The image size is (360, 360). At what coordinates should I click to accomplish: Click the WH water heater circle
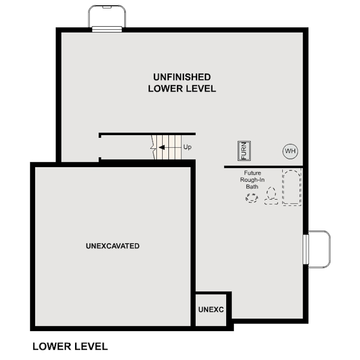tap(290, 151)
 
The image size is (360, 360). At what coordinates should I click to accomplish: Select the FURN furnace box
tap(244, 151)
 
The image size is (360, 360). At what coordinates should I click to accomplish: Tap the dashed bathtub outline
tap(292, 188)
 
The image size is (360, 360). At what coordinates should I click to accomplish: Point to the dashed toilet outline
tap(271, 196)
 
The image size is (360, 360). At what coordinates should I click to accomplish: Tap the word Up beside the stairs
tap(187, 147)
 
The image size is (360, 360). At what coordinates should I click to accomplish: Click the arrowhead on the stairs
tap(161, 148)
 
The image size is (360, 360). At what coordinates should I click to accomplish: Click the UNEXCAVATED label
tap(112, 246)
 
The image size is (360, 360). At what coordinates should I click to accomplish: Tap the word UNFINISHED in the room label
tap(182, 77)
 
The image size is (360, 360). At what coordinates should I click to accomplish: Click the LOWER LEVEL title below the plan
tap(70, 346)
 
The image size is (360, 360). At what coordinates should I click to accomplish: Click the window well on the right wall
tap(320, 249)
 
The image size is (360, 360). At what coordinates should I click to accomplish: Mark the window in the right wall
tap(306, 249)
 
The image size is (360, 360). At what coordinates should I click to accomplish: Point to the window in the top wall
tap(107, 30)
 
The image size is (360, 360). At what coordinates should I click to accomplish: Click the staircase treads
tap(171, 148)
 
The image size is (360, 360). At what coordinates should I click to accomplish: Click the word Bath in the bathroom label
tap(252, 187)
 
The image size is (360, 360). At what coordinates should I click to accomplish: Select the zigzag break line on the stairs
tap(153, 148)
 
